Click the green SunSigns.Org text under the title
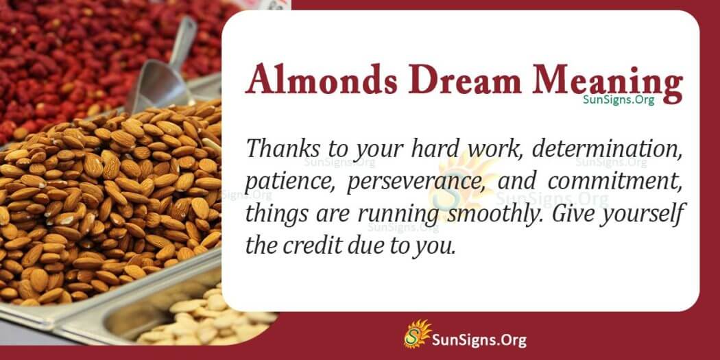tap(618, 100)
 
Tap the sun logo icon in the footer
tap(416, 335)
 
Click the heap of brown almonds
tap(103, 199)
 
